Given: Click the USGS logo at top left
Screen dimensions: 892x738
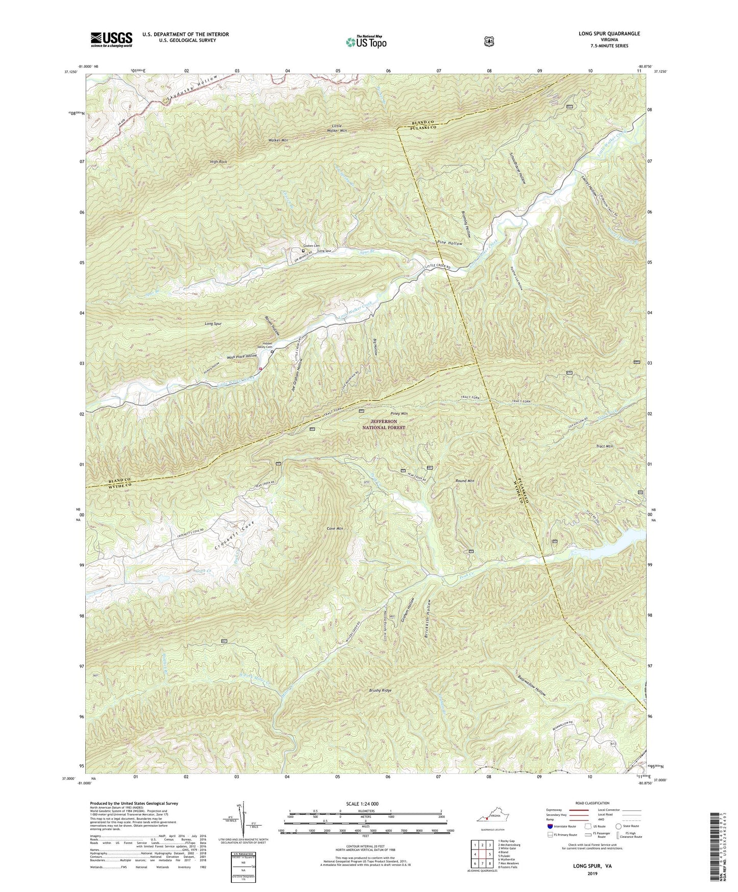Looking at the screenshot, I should (111, 39).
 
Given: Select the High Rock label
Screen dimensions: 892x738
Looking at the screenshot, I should (218, 161).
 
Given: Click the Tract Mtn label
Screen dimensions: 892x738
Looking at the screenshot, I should (604, 446).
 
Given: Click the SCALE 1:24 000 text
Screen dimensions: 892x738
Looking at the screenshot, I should (364, 803).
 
